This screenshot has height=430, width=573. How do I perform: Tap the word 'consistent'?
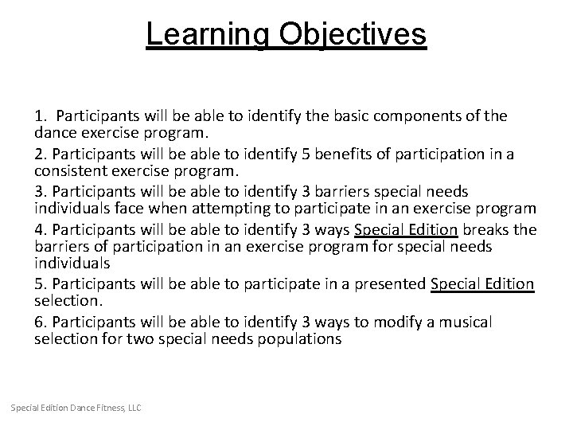(x=69, y=170)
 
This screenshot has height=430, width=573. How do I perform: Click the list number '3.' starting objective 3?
(x=41, y=191)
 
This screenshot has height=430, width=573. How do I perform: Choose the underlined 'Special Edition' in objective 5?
(x=482, y=284)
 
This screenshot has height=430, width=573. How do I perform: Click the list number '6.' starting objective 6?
(x=41, y=322)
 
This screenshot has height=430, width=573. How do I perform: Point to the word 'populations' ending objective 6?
(x=302, y=339)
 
